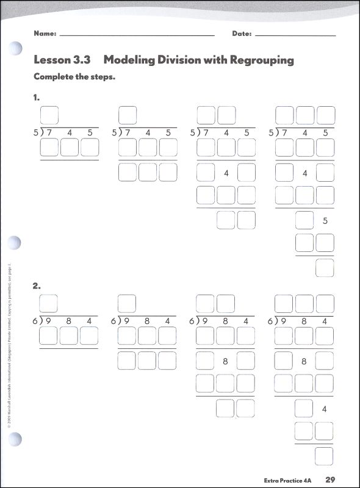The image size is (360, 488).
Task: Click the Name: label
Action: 45,34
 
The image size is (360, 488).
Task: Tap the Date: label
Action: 242,34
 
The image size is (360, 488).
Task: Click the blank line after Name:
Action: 137,36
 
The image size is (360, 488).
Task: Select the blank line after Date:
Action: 295,36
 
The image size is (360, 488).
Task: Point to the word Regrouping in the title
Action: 262,60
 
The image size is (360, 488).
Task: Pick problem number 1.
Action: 37,97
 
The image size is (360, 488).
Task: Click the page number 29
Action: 331,479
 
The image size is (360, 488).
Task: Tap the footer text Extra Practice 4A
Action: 286,479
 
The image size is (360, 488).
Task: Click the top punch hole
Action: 16,49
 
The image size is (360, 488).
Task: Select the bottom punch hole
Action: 16,438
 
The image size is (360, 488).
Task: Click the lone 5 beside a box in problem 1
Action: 325,221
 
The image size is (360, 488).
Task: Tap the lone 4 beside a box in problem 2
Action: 325,409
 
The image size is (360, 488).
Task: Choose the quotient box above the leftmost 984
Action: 49,303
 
